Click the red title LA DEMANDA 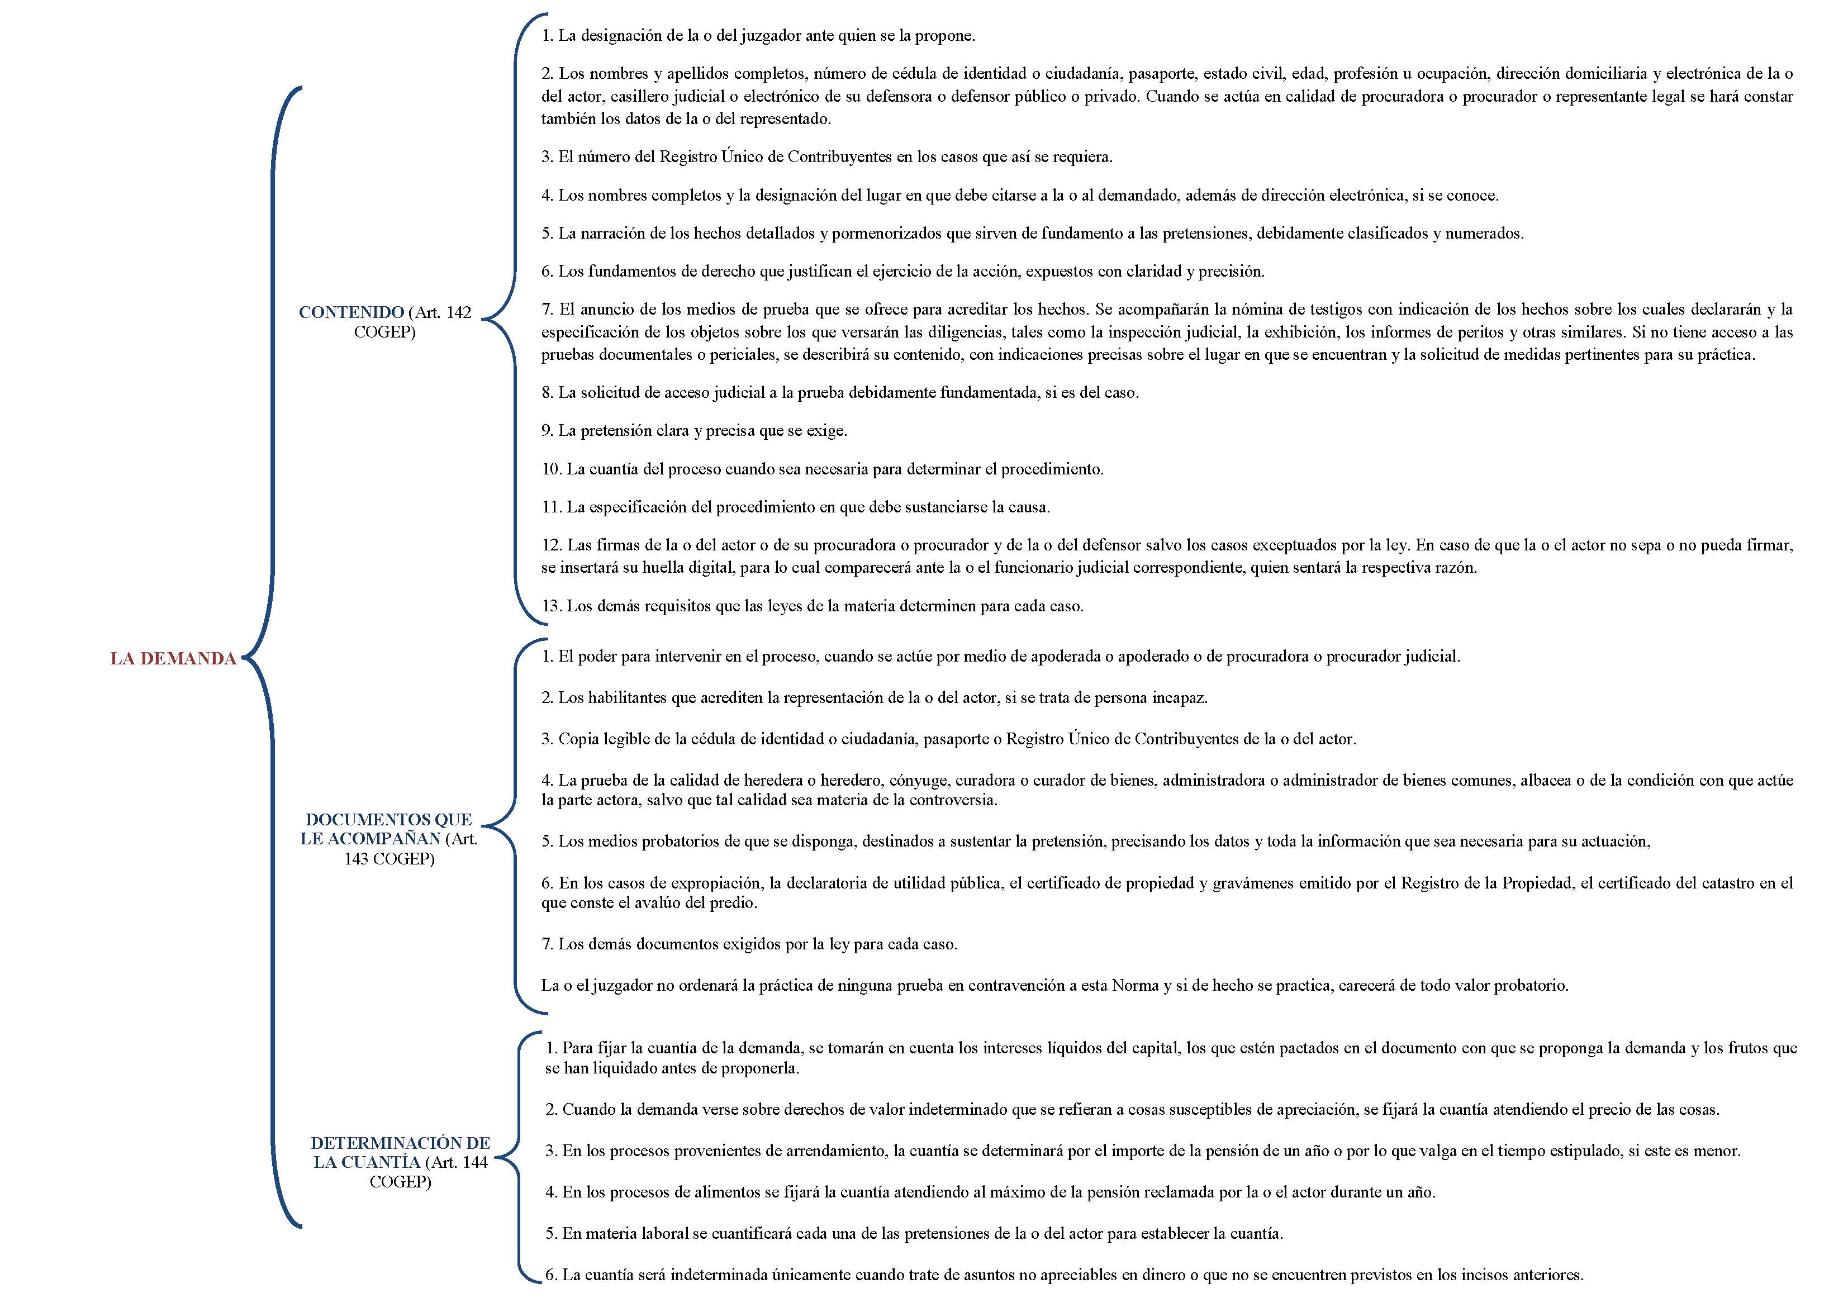coord(173,658)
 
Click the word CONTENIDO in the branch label coord(351,312)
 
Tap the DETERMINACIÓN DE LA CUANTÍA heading coord(400,1152)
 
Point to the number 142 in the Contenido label coord(458,312)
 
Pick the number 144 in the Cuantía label coord(475,1162)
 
